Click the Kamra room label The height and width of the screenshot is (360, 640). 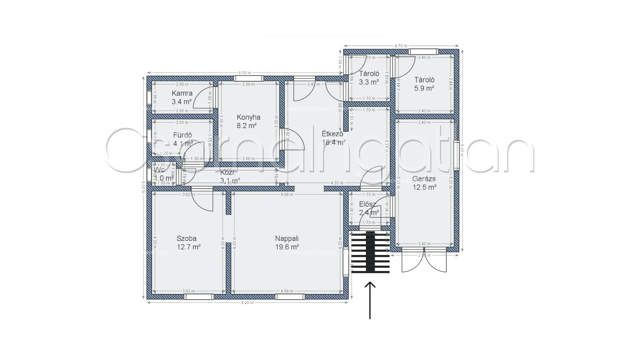coord(182,97)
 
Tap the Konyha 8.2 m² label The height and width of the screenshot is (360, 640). coord(248,121)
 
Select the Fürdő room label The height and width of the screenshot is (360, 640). coord(183,139)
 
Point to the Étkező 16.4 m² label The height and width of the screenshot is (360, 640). coord(333,138)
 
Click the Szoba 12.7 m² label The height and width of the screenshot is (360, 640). coord(188,243)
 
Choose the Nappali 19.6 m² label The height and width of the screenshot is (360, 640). coord(287,243)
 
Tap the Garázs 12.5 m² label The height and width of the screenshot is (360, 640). coord(424,183)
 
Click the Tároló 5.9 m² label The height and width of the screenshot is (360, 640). coord(424,84)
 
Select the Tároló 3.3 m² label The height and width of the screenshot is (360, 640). coord(369,78)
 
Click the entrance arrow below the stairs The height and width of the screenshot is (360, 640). coord(370,300)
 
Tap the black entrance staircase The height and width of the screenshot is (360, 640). coord(370,252)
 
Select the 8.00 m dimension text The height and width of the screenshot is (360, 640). coord(245,73)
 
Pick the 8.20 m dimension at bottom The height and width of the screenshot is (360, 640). coord(247,303)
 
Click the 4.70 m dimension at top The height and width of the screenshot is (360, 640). coord(401,46)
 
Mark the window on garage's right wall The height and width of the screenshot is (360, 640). coord(456,155)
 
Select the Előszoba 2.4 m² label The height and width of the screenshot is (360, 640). coord(369,208)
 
